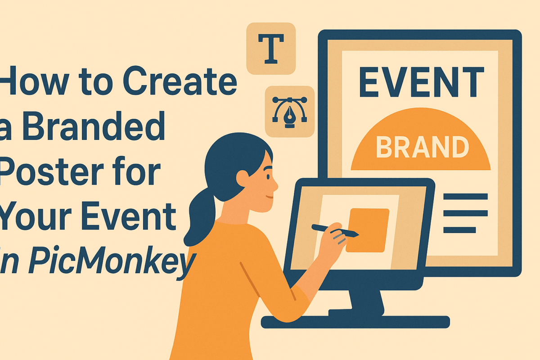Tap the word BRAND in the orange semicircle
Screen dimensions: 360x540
pyautogui.click(x=422, y=147)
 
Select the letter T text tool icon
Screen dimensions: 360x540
pyautogui.click(x=270, y=48)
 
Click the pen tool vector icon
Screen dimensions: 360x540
pyautogui.click(x=289, y=111)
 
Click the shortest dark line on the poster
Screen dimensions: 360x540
pyautogui.click(x=459, y=230)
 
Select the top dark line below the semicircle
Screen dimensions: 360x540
pyautogui.click(x=465, y=196)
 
